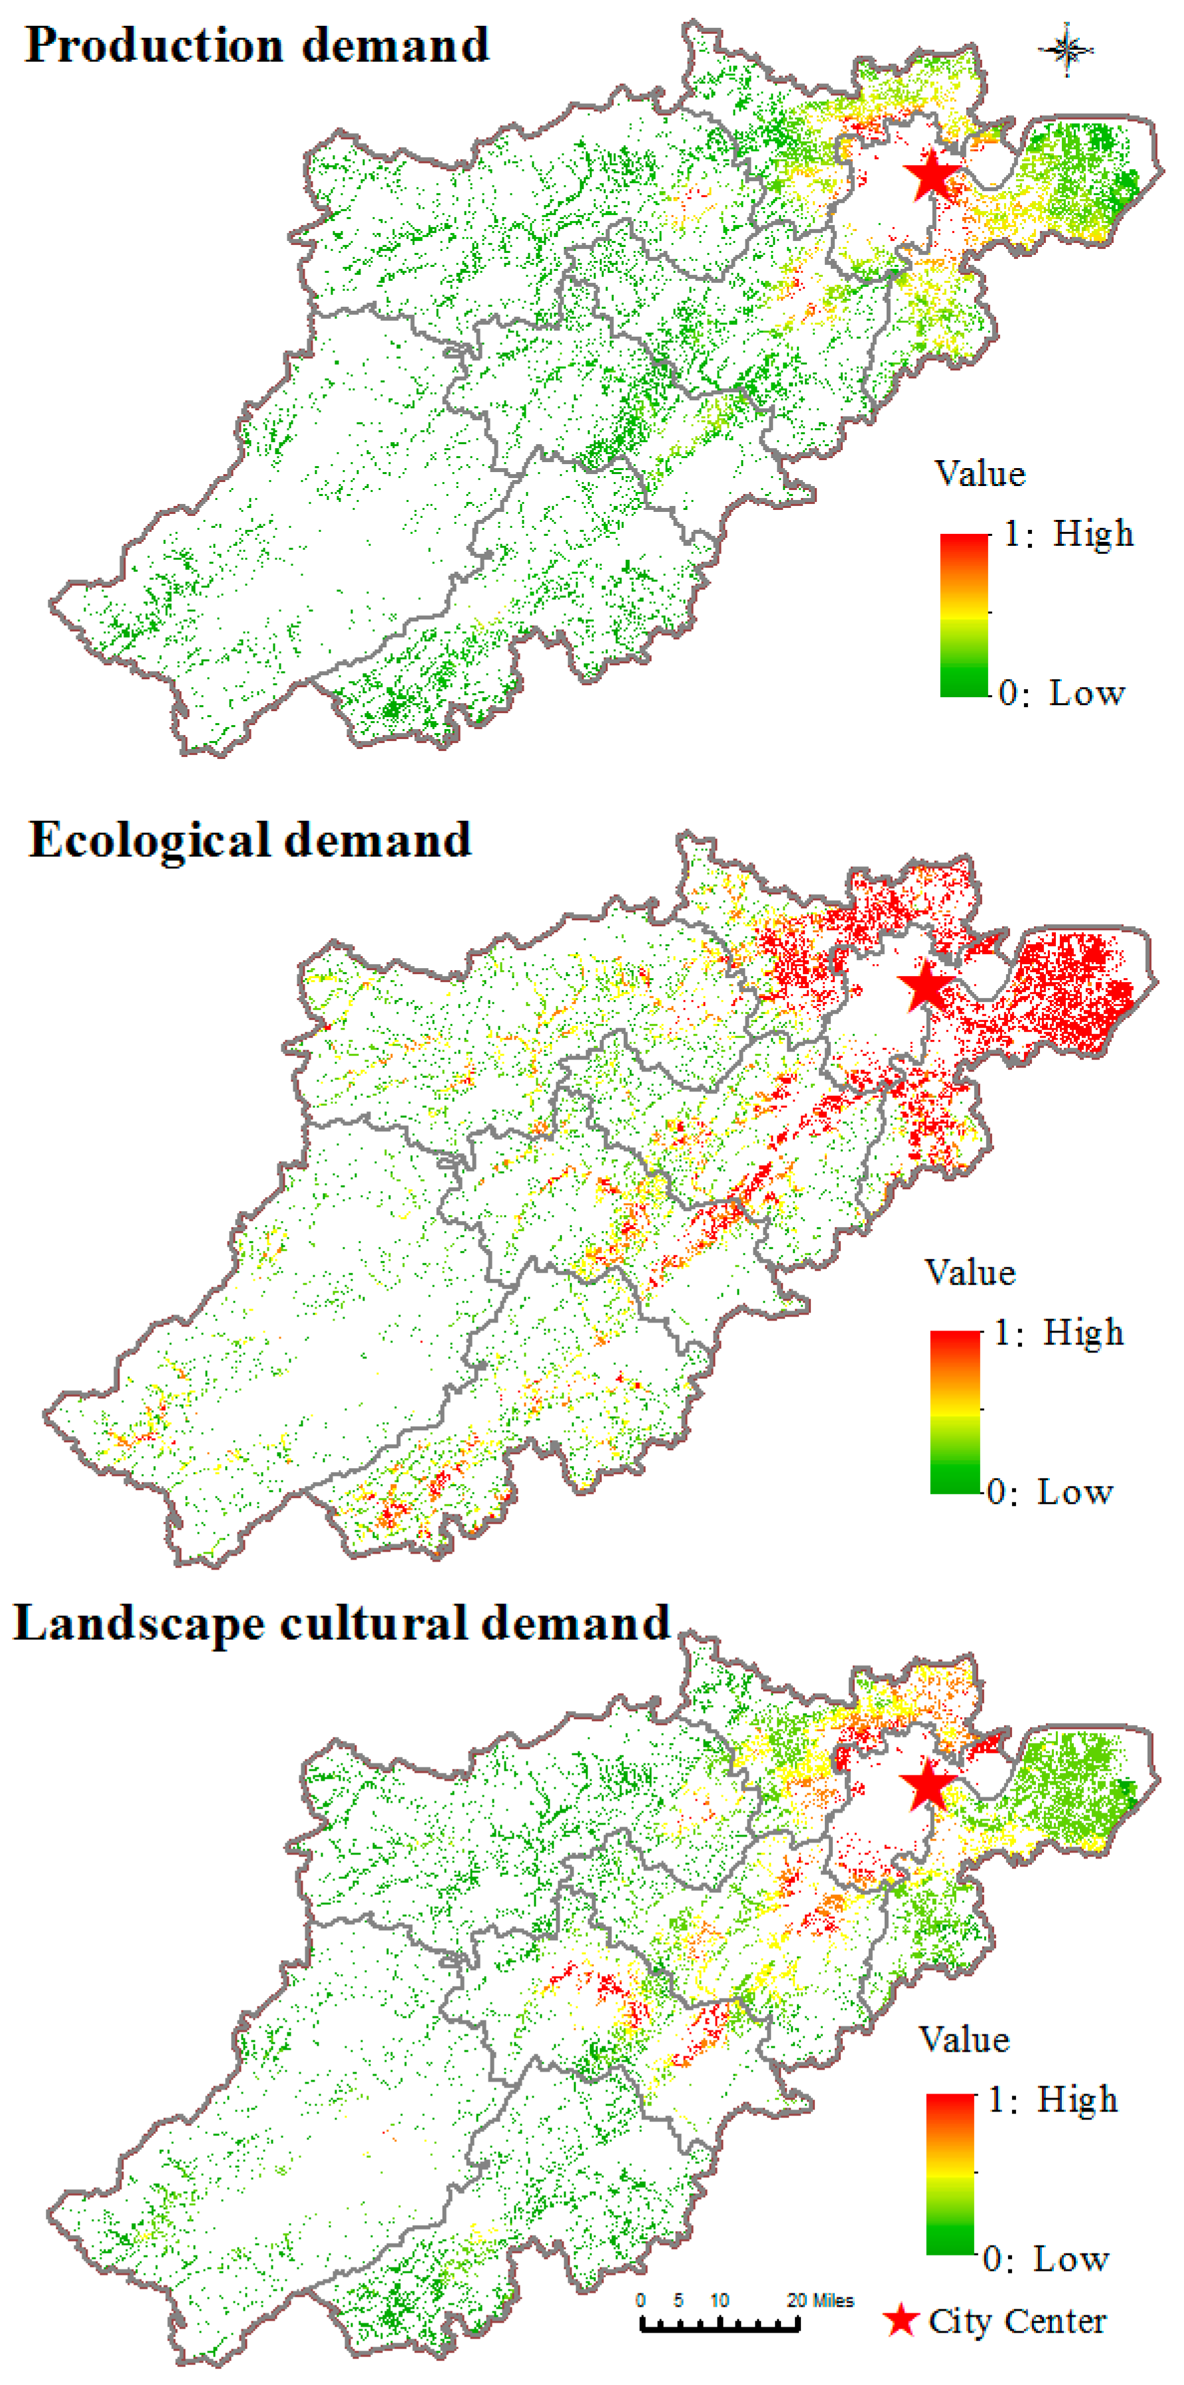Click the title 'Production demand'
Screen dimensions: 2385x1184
(x=256, y=45)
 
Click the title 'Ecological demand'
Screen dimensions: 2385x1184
(x=250, y=841)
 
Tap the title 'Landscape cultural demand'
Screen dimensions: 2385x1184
(x=340, y=1624)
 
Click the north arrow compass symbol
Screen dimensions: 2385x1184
(x=1067, y=49)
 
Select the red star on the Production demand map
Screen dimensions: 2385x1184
(x=933, y=175)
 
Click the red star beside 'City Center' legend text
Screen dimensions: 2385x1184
(x=900, y=2320)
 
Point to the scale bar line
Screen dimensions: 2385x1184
(x=719, y=2324)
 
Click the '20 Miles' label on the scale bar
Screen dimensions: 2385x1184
(x=820, y=2300)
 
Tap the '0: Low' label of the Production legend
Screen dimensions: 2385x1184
(x=1062, y=693)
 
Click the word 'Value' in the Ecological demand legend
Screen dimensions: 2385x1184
(x=969, y=1272)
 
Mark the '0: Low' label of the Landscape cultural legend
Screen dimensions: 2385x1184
(x=1045, y=2259)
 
